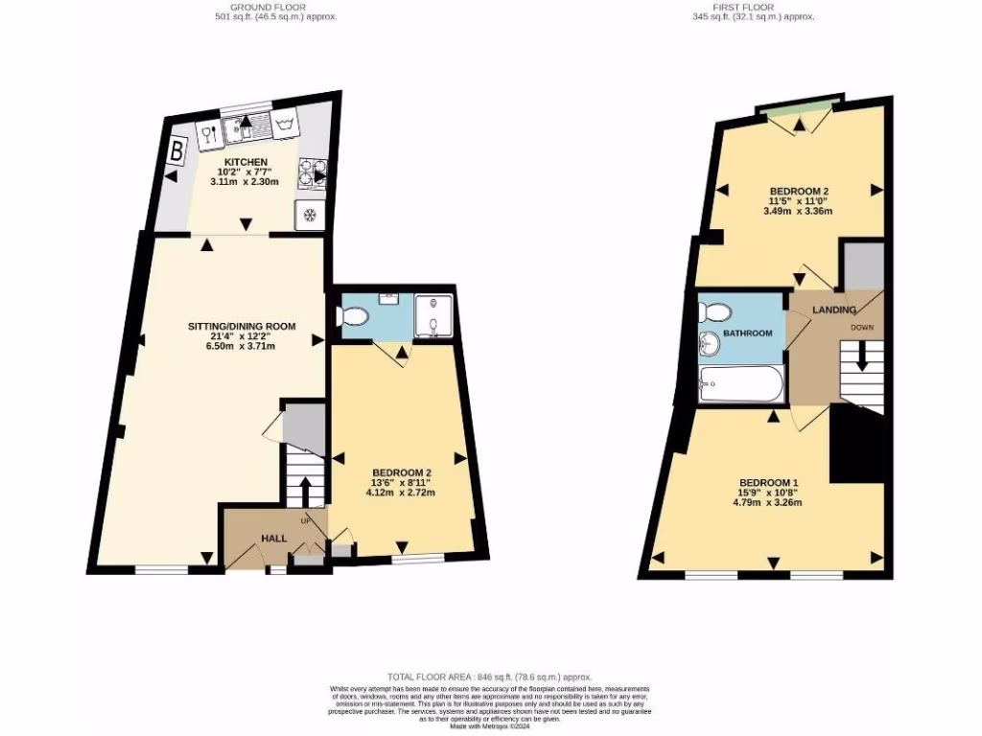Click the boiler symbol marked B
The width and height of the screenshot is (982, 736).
177,151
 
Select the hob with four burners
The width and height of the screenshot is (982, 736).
311,172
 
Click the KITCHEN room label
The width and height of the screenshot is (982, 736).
246,161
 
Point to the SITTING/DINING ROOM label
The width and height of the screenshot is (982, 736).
242,326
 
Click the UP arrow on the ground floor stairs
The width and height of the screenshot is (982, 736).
306,491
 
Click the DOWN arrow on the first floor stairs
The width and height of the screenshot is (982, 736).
861,358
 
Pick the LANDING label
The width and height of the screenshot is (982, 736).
833,310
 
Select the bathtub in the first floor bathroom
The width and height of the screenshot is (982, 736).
741,384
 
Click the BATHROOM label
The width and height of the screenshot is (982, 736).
748,333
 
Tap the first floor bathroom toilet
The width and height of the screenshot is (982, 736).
714,310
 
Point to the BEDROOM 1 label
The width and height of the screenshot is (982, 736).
768,481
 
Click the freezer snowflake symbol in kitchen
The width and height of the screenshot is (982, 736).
310,213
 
